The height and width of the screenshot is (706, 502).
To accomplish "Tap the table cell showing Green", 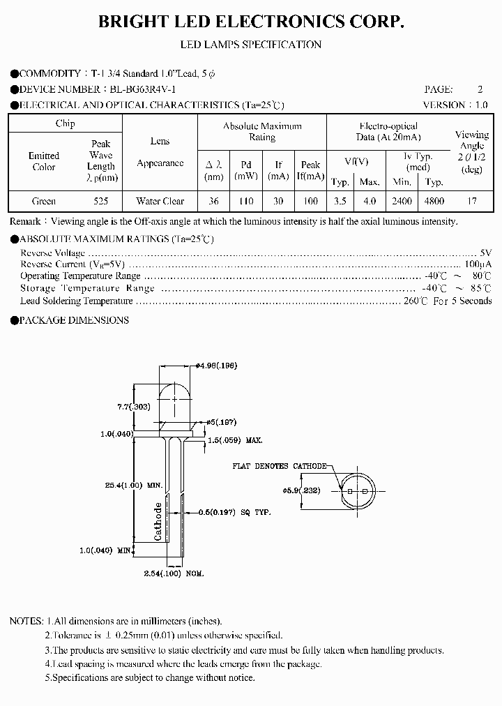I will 44,201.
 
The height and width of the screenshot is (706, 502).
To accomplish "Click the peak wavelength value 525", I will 101,201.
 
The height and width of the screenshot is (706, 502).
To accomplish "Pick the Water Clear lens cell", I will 160,201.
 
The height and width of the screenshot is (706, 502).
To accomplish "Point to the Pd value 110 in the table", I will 246,201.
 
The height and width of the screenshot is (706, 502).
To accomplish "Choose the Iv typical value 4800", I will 434,201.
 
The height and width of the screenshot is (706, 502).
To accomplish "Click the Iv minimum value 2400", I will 402,201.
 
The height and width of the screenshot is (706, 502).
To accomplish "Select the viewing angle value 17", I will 472,201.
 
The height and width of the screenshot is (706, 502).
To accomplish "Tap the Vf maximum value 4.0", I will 370,201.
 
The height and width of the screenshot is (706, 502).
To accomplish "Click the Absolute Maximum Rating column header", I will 262,132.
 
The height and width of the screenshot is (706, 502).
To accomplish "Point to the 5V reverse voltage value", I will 486,253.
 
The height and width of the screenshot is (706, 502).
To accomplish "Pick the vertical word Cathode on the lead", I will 158,521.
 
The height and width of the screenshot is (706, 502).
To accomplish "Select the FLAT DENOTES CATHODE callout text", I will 279,465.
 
